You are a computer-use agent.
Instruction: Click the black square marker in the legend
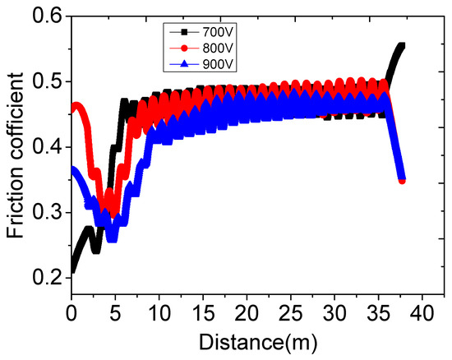[x=185, y=31]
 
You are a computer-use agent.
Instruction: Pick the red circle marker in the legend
[x=185, y=48]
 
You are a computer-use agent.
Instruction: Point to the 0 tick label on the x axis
[x=71, y=313]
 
